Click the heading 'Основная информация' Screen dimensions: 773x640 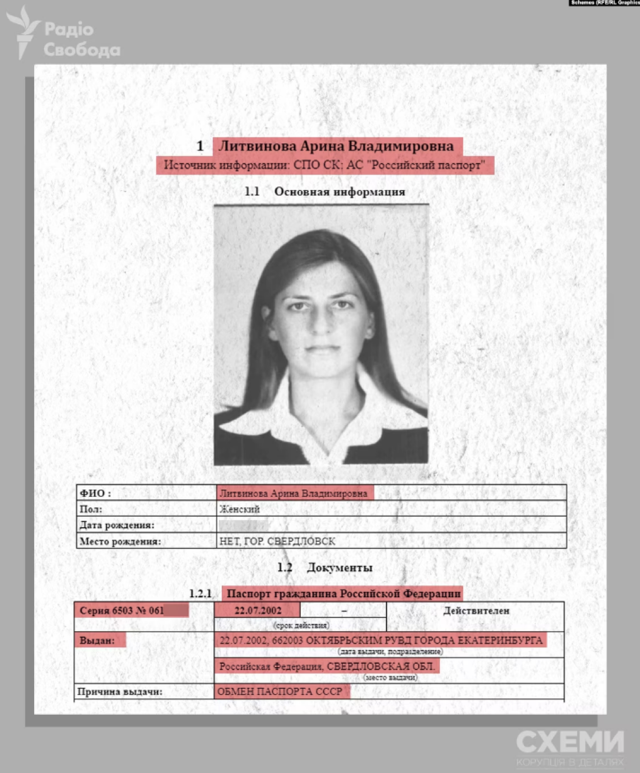click(x=339, y=192)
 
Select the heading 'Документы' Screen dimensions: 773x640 click(x=339, y=568)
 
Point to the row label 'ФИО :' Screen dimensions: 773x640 click(x=95, y=494)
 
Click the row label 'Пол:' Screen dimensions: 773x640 click(x=91, y=509)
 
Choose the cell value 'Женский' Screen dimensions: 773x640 click(x=239, y=509)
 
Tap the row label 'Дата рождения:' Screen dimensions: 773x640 click(x=116, y=525)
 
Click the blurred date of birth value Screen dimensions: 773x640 click(x=243, y=525)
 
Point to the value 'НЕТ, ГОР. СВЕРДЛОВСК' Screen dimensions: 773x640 click(x=277, y=541)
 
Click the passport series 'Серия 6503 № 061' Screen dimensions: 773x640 click(x=122, y=611)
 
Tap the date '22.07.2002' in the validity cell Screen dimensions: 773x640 click(x=258, y=611)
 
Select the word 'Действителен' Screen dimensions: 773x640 click(x=476, y=611)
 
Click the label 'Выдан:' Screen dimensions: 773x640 click(x=97, y=640)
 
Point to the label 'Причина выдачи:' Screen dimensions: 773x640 click(x=120, y=692)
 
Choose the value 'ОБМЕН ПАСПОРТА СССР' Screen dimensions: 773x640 click(x=280, y=692)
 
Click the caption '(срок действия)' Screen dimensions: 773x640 click(x=301, y=625)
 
